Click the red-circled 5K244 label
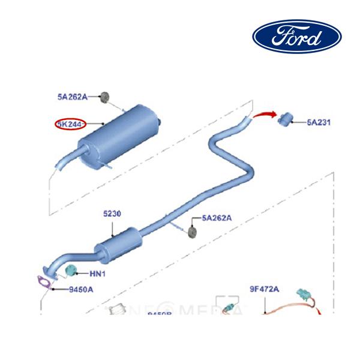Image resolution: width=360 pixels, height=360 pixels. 70,124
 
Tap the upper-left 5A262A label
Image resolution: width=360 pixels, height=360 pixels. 72,96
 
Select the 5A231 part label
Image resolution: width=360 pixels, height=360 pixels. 319,122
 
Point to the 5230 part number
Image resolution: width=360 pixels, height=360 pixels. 113,214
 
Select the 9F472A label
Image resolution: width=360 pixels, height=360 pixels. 265,289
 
